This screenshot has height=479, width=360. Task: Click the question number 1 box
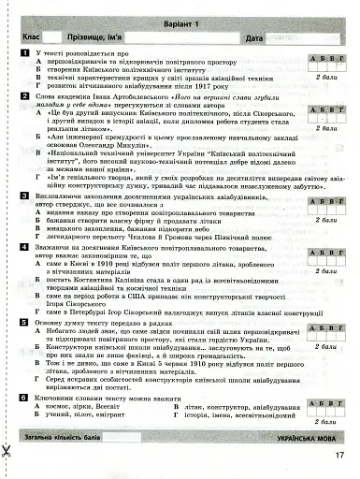click(x=23, y=55)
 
